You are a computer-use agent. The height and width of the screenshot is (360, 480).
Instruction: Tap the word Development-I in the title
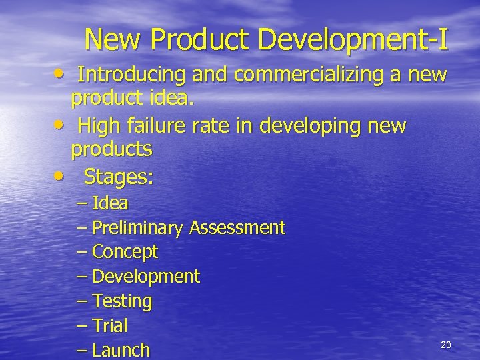pyautogui.click(x=353, y=40)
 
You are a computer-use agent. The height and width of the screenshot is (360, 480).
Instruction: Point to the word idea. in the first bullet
pyautogui.click(x=169, y=99)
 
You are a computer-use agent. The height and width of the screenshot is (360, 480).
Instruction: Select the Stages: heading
pyautogui.click(x=118, y=177)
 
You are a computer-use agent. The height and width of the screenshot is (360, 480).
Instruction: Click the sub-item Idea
pyautogui.click(x=110, y=203)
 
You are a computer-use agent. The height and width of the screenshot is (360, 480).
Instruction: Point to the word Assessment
pyautogui.click(x=237, y=228)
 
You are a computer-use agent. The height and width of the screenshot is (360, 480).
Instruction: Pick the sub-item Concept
pyautogui.click(x=125, y=252)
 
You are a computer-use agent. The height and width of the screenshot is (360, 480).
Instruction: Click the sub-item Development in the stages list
pyautogui.click(x=145, y=276)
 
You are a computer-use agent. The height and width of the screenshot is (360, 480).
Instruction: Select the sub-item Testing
pyautogui.click(x=122, y=301)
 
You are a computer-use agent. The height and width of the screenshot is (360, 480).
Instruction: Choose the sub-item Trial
pyautogui.click(x=110, y=326)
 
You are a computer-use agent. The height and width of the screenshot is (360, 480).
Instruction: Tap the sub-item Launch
pyautogui.click(x=121, y=350)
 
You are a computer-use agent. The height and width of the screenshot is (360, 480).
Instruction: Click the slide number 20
pyautogui.click(x=446, y=344)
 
